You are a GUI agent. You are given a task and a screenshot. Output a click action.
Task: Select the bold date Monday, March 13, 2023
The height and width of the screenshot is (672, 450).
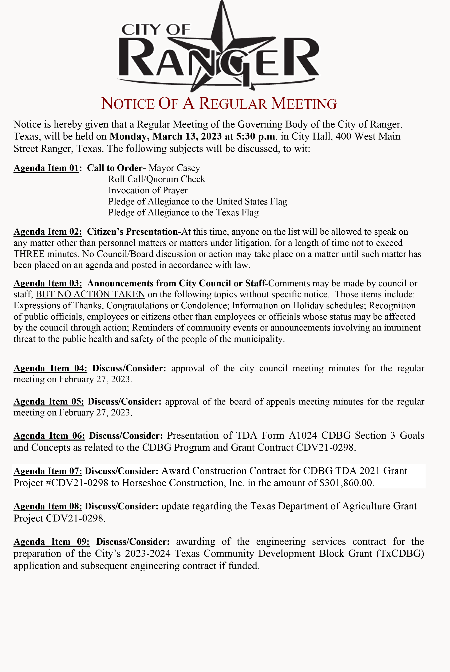pos(165,136)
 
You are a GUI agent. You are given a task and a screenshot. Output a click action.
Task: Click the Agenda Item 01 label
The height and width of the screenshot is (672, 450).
pos(46,168)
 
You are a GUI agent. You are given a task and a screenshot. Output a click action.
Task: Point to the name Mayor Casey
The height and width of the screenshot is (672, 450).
pos(174,168)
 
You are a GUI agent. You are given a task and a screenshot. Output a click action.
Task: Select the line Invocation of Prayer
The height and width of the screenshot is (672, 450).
pos(148,190)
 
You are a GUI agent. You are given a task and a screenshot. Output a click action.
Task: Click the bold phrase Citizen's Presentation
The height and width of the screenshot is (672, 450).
pos(132,232)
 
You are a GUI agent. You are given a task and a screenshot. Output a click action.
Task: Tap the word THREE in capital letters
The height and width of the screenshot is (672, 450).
pos(29,254)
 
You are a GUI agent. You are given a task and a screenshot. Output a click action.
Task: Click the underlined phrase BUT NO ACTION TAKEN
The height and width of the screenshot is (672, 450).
pos(90,294)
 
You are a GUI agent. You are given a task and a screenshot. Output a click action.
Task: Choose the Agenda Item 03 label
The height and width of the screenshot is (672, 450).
pos(48,283)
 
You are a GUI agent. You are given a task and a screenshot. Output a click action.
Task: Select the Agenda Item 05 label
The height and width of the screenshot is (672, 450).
pos(49,401)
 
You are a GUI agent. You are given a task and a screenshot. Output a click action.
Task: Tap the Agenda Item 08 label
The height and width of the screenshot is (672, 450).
pos(48,506)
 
